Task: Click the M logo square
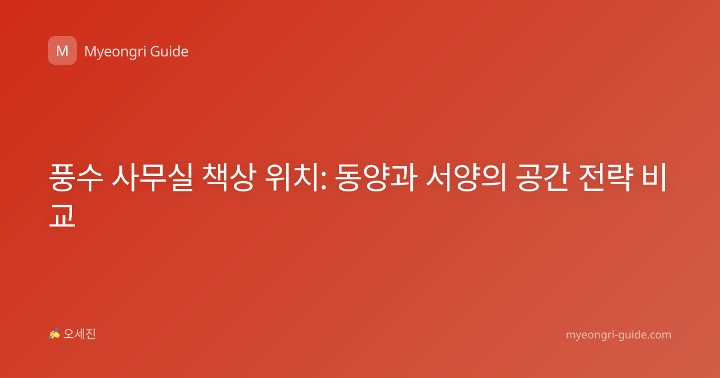click(x=62, y=50)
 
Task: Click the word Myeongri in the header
click(x=115, y=52)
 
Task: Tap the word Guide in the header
click(x=169, y=52)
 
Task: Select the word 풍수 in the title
click(x=76, y=178)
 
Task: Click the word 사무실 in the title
click(x=152, y=178)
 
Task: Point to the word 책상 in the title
click(x=229, y=178)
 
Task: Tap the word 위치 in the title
click(x=292, y=178)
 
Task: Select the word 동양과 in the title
click(x=376, y=178)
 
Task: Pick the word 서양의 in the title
click(x=466, y=178)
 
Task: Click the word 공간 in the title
click(x=543, y=178)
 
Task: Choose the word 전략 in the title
click(x=606, y=178)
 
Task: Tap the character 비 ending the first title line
click(x=654, y=178)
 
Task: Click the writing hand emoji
click(x=55, y=334)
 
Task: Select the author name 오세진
click(x=79, y=334)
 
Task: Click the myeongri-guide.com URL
click(x=619, y=335)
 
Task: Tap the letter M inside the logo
click(x=62, y=51)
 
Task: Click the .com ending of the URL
click(x=658, y=335)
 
